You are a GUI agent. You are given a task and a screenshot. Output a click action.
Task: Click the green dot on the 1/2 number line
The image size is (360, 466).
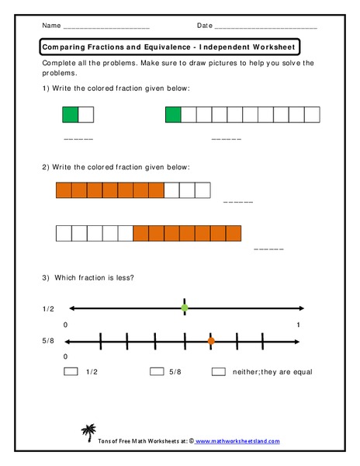click(185, 308)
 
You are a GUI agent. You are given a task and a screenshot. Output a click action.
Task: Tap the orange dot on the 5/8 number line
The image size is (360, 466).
click(211, 340)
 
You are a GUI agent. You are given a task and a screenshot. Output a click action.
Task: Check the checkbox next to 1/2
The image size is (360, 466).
click(71, 372)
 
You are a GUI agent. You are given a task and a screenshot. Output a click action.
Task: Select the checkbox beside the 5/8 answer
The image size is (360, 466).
click(157, 372)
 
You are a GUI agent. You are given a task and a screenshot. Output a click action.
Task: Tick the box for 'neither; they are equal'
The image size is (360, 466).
click(218, 372)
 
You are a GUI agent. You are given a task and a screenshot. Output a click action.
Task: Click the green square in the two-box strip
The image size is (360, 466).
click(71, 116)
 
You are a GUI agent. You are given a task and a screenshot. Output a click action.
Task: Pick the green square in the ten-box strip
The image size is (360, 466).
click(173, 116)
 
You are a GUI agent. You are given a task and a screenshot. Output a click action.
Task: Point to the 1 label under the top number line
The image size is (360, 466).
click(299, 324)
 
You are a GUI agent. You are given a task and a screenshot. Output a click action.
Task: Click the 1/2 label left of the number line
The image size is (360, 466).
click(49, 309)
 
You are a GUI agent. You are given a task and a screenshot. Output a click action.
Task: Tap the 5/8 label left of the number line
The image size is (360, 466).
click(49, 341)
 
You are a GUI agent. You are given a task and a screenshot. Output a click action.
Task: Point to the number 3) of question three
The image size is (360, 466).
click(47, 278)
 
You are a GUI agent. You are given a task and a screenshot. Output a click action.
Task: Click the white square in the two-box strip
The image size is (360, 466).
click(86, 116)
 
